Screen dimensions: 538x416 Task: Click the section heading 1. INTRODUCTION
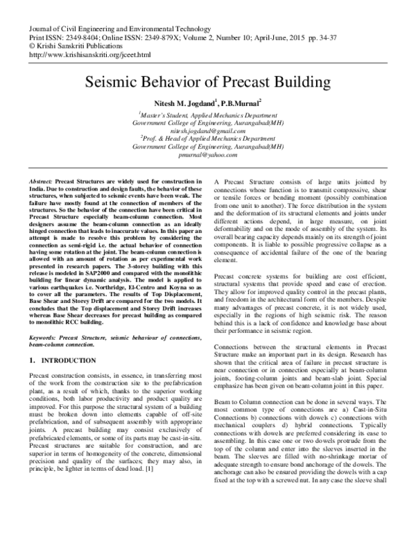[64, 361]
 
